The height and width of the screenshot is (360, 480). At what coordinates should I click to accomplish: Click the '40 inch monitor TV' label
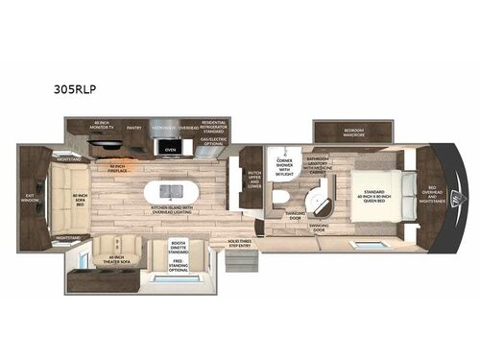coord(105,127)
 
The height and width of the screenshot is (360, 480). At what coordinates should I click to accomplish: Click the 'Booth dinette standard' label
coord(179,247)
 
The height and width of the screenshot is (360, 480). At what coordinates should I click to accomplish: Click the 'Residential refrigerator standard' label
coord(213,126)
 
